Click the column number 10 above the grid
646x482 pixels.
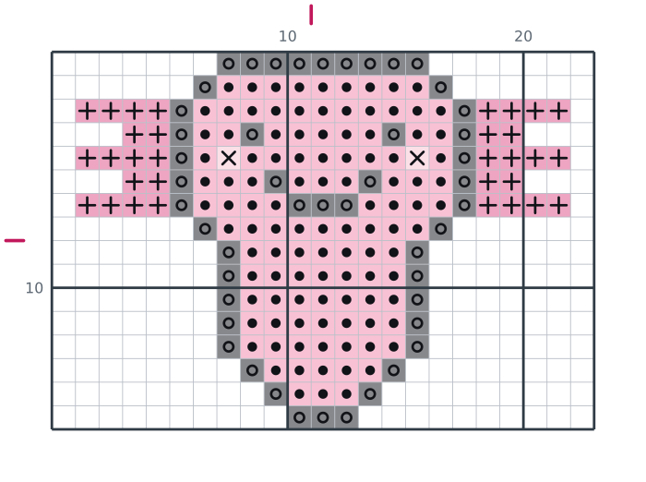click(288, 37)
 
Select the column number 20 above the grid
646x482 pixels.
click(523, 37)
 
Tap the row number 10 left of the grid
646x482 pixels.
click(34, 288)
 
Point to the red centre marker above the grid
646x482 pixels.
click(311, 15)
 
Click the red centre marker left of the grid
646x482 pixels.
click(15, 240)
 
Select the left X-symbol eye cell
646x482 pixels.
click(229, 158)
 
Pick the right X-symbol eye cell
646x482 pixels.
click(417, 158)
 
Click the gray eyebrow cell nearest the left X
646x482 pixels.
click(252, 135)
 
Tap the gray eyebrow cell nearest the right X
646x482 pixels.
click(394, 135)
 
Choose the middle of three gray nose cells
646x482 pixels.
click(323, 205)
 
